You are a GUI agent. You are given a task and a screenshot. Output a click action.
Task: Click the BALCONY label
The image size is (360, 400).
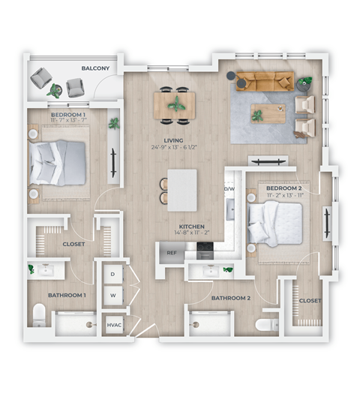97,69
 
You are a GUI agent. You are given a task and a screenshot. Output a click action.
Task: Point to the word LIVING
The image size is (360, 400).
176,139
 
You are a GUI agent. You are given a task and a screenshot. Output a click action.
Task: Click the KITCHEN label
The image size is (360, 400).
193,226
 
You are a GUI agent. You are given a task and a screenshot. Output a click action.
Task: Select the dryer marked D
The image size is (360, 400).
112,275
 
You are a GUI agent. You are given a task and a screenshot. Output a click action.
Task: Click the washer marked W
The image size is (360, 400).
112,295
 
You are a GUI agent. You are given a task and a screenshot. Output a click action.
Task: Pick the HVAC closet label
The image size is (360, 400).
114,325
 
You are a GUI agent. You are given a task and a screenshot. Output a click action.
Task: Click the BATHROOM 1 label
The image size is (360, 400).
67,295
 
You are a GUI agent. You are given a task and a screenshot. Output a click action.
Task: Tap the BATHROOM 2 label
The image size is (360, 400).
230,298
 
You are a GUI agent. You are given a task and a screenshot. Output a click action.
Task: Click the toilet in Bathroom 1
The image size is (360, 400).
40,314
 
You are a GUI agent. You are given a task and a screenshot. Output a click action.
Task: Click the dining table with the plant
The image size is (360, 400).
175,104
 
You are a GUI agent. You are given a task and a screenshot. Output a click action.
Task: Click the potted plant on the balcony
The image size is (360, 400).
55,89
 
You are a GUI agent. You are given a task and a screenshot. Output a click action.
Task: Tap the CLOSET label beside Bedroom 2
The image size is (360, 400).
310,301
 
